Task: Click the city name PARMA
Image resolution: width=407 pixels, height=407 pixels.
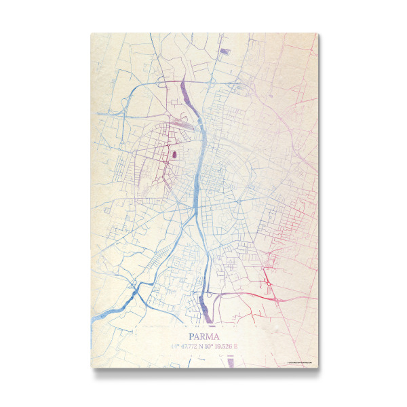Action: tap(203, 335)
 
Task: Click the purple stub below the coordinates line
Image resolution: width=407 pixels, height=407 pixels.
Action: tap(231, 361)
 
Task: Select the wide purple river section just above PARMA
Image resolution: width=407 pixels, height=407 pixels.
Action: tap(203, 309)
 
